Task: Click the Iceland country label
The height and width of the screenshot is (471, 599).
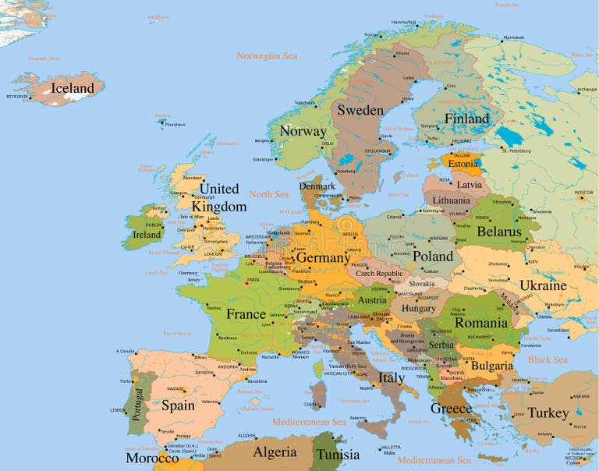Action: click(73, 88)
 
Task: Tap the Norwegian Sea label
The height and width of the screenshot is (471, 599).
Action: click(267, 56)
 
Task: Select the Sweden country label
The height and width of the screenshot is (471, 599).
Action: click(360, 110)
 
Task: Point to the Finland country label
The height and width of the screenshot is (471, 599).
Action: click(466, 119)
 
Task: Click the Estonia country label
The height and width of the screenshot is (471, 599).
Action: click(463, 165)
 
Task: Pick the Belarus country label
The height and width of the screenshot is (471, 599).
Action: click(498, 232)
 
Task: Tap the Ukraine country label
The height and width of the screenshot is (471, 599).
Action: click(543, 285)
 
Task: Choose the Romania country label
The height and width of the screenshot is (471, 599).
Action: click(481, 322)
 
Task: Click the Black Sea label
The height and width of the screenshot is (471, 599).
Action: click(548, 359)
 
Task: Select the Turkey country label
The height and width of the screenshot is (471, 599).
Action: click(548, 413)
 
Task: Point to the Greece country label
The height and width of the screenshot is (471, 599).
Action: click(451, 409)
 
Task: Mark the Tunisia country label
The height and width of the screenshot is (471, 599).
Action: click(337, 455)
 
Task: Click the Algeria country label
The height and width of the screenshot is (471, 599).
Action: click(275, 452)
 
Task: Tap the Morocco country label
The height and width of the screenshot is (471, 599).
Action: click(152, 458)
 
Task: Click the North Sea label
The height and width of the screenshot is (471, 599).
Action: click(268, 194)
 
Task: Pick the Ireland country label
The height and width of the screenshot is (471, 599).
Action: click(147, 234)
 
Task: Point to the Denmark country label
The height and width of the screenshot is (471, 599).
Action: click(317, 186)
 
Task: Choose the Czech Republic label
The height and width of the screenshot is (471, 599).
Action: click(379, 274)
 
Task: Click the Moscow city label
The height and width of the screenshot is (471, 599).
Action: click(583, 192)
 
